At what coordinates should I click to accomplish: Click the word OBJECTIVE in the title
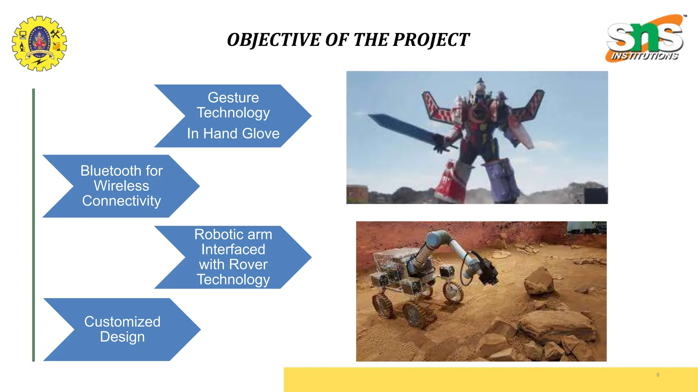click(x=274, y=40)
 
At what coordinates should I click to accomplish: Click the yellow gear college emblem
click(x=39, y=43)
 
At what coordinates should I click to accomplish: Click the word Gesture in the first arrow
click(x=233, y=98)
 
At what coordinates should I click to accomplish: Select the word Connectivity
click(x=121, y=201)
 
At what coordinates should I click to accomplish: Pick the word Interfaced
click(x=233, y=249)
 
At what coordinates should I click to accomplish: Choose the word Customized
click(x=122, y=322)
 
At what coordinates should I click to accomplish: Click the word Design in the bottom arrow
click(x=122, y=337)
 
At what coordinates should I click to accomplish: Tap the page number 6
click(x=658, y=375)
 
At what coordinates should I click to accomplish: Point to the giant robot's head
click(x=480, y=85)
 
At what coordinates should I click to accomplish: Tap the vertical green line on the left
click(x=33, y=225)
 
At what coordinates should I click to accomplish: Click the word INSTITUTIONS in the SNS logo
click(x=644, y=56)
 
